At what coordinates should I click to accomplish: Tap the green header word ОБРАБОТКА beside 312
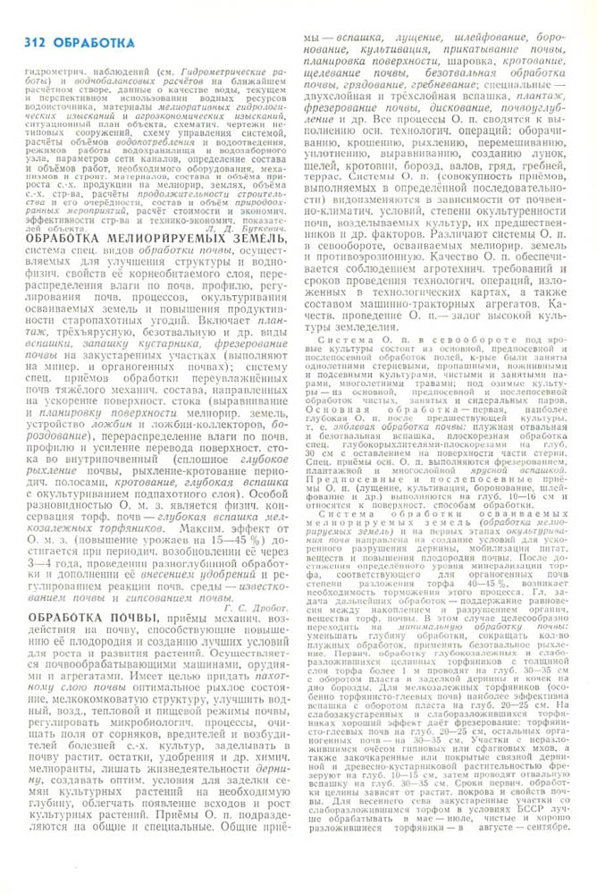pos(93,42)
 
